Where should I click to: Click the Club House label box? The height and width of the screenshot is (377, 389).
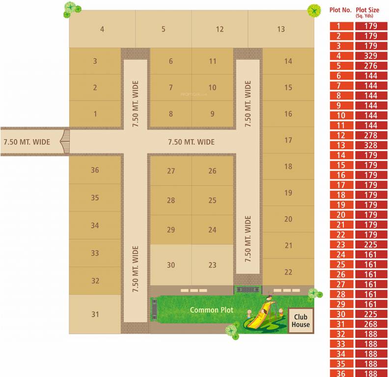pos(301,320)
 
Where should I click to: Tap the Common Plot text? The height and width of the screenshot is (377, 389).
pos(212,310)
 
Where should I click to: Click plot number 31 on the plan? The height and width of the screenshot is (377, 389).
pos(95,315)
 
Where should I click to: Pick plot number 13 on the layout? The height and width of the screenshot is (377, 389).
pos(280,29)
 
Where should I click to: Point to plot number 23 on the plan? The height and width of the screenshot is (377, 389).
pos(212,265)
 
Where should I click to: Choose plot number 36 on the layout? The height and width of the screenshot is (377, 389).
pos(95,170)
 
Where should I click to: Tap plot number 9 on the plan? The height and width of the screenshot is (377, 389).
pos(212,114)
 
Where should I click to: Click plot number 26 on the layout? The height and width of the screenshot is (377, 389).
pos(212,171)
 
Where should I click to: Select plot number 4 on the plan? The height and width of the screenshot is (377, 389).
pos(102,29)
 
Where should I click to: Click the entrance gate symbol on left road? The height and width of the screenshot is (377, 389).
pos(65,141)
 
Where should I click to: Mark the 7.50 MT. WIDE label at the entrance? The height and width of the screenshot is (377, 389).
pos(27,142)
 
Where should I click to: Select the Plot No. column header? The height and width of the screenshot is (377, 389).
pos(340,10)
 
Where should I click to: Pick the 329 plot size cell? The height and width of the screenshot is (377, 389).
pos(370,56)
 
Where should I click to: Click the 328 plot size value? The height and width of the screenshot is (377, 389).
pos(370,145)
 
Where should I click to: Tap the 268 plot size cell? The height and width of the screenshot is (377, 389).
pos(370,324)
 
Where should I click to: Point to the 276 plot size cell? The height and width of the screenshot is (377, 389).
pos(370,66)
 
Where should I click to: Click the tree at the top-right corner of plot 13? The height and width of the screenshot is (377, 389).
pos(313,10)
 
